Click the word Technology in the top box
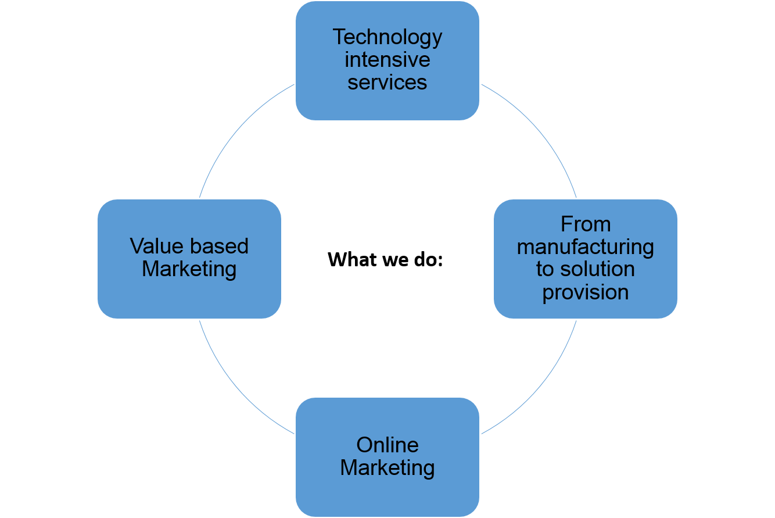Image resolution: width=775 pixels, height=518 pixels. (x=387, y=38)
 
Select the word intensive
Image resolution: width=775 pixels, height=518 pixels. (x=387, y=60)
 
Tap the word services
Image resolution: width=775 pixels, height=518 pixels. (x=387, y=82)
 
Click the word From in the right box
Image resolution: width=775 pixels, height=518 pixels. (x=586, y=224)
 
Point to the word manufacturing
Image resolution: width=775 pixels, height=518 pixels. (x=586, y=247)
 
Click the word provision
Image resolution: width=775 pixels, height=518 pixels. (x=586, y=292)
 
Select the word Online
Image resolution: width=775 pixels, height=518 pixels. (x=387, y=445)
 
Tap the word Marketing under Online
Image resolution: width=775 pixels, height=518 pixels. (x=387, y=468)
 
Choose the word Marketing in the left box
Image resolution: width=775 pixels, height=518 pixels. (x=189, y=269)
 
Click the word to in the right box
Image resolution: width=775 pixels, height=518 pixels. (x=544, y=270)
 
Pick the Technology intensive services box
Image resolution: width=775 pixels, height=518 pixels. (x=387, y=105)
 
